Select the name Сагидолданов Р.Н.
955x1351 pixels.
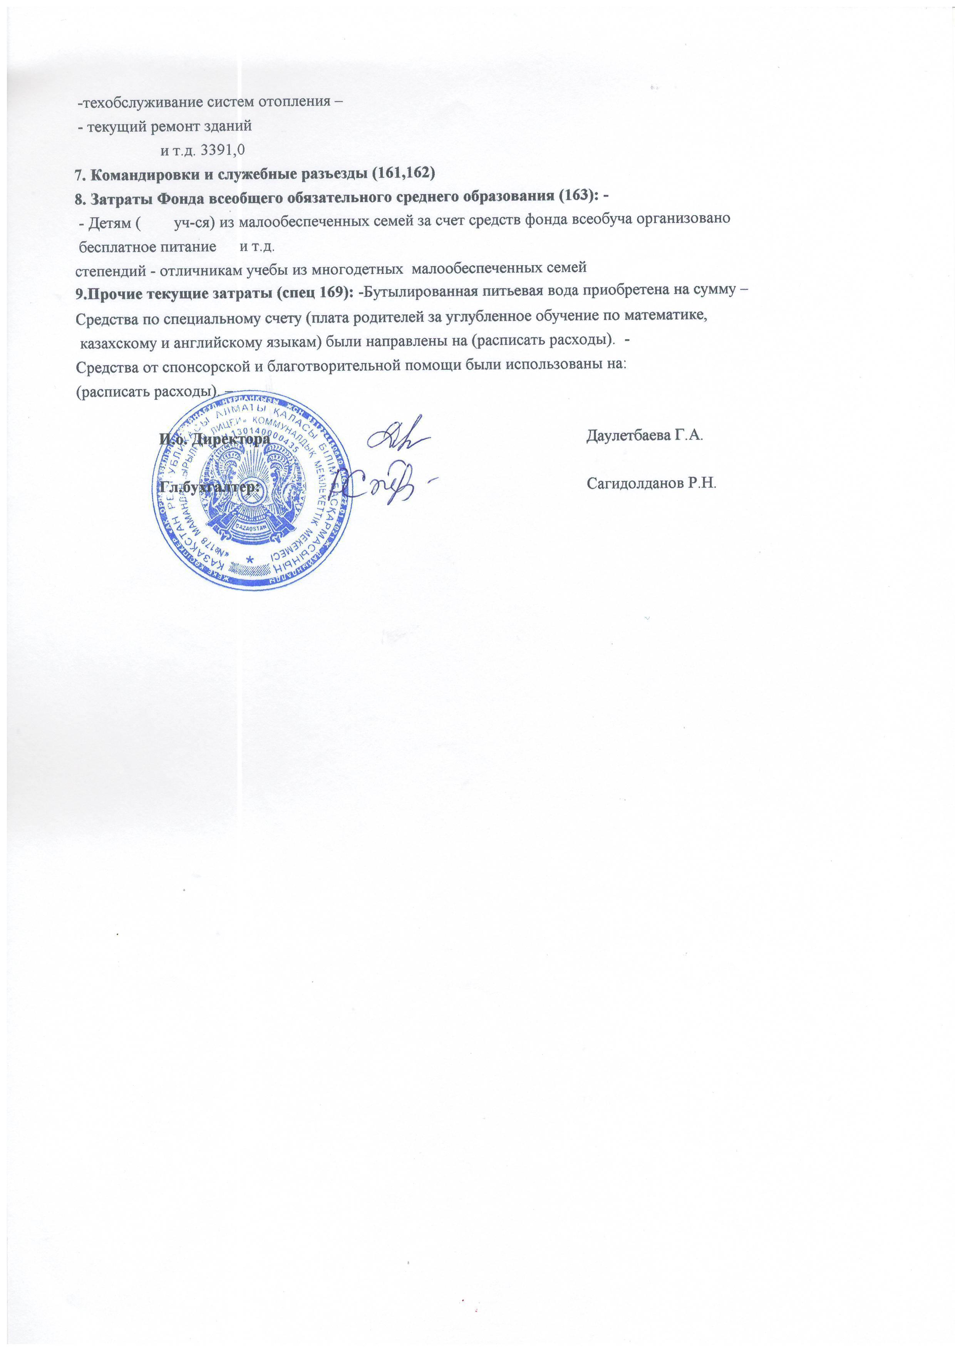coord(652,484)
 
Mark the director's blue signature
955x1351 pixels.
coord(398,438)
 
